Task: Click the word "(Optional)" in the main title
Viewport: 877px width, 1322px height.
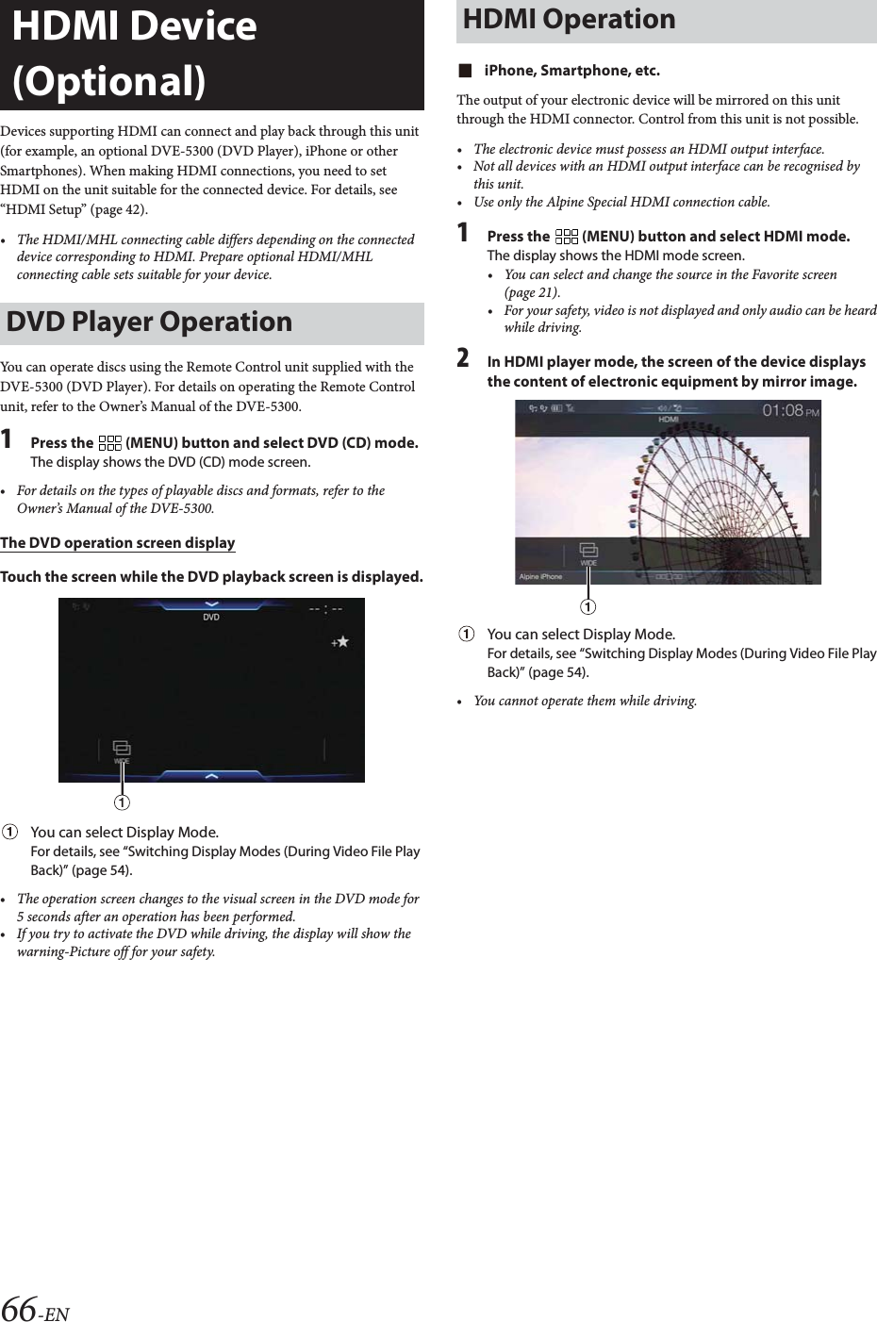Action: click(108, 81)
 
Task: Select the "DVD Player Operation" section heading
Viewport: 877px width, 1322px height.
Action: click(149, 322)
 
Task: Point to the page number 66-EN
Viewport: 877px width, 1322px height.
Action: click(36, 1309)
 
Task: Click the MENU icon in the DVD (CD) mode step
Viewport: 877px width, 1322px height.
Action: click(109, 442)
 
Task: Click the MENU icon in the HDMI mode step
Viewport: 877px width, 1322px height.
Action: click(567, 237)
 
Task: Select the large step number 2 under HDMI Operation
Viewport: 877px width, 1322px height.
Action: click(463, 359)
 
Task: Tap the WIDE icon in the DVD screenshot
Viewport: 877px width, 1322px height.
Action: click(122, 751)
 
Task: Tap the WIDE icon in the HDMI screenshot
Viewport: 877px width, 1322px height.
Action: click(588, 554)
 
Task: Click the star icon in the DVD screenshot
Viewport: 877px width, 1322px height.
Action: click(339, 641)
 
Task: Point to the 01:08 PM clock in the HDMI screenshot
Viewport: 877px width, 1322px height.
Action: click(789, 410)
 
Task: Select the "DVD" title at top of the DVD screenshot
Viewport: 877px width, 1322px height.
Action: click(211, 618)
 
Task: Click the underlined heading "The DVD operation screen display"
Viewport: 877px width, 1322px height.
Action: click(118, 543)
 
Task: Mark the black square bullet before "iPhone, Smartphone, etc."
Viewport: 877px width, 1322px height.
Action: click(463, 71)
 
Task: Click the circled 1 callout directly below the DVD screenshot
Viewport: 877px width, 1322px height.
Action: click(122, 802)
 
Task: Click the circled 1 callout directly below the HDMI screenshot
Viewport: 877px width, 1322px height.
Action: click(588, 604)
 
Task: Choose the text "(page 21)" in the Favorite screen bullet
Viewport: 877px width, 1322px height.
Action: click(532, 293)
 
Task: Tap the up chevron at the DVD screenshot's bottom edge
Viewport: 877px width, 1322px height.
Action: click(211, 775)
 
